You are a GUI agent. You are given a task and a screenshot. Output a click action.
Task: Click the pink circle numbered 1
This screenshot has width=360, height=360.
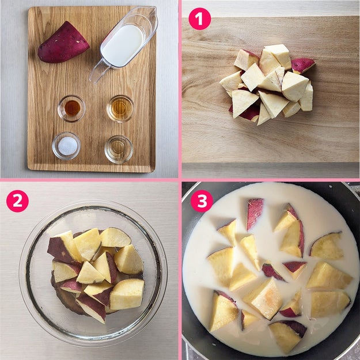[x=199, y=19]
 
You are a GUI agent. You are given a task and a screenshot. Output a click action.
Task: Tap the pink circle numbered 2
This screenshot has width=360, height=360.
[x=17, y=201]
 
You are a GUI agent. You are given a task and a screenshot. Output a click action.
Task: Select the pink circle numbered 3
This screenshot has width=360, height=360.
[x=202, y=201]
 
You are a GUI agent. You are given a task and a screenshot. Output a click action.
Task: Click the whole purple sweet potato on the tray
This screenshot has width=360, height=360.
[x=63, y=43]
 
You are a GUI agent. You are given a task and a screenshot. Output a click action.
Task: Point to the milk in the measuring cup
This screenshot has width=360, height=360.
[x=123, y=46]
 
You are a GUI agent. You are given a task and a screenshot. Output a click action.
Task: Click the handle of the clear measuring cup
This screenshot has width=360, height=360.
[x=99, y=71]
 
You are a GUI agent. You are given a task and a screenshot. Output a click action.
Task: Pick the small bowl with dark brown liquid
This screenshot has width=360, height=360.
[x=71, y=108]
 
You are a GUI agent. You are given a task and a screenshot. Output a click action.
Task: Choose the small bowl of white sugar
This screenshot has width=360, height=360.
[x=66, y=146]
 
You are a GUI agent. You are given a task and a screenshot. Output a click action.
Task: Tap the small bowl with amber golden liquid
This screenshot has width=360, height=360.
[x=120, y=108]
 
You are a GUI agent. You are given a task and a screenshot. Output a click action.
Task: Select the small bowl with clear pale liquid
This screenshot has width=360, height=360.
[x=119, y=149]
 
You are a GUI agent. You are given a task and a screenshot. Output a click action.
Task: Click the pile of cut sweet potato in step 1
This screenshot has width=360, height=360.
[x=267, y=84]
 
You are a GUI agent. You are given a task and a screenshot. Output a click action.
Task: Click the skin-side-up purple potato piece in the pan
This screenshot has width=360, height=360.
[x=255, y=214]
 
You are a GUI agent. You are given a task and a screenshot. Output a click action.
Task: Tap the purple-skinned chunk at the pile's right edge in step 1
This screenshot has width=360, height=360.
[x=302, y=65]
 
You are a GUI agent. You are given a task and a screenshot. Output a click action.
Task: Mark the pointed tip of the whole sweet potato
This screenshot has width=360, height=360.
[x=40, y=49]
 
